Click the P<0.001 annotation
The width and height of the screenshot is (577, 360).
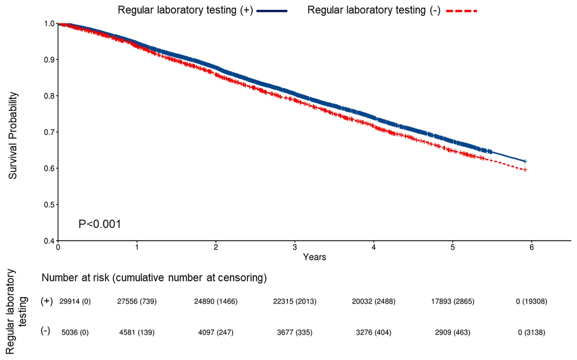pos(100,224)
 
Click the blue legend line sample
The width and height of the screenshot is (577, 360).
pos(272,11)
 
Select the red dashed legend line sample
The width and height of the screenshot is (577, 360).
pos(462,11)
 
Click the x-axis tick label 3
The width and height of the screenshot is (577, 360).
pos(295,248)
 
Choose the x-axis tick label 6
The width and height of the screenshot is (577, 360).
pos(532,248)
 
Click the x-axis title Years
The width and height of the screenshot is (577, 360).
pos(314,257)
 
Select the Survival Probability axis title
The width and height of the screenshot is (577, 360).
pos(13,135)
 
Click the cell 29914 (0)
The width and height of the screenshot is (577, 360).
pos(75,302)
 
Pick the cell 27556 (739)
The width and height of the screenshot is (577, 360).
pos(137,302)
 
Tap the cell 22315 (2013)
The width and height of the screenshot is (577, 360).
pos(295,302)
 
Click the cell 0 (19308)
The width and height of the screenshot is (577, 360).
pos(532,302)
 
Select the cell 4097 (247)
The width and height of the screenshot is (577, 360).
pos(216,332)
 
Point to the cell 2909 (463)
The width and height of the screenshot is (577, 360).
pos(453,332)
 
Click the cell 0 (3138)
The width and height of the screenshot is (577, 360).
pos(532,332)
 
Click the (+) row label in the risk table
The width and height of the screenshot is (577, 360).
pos(47,302)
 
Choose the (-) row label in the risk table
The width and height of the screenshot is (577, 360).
pos(45,332)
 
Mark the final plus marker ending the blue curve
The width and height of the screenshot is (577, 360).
pos(525,161)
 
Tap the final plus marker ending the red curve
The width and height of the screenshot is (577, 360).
pos(525,170)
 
